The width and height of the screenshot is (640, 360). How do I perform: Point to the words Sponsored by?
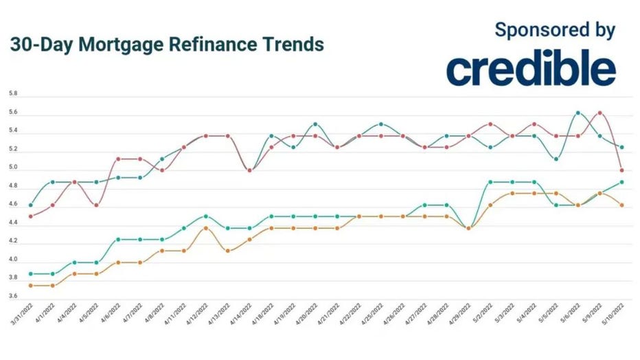coord(555,30)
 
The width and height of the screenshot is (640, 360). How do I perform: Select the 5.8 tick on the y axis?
coord(13,94)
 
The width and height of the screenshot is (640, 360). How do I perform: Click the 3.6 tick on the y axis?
coord(13,297)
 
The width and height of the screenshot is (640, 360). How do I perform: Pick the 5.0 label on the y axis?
coord(13,168)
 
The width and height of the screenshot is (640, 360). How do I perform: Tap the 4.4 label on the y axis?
coord(13,223)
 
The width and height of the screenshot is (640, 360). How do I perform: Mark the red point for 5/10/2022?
coord(621,170)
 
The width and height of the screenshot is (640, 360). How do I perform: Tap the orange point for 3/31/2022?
coord(30,285)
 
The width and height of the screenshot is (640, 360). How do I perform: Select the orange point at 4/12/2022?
coord(205,227)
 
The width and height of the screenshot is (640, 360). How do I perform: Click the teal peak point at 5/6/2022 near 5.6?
coord(578,113)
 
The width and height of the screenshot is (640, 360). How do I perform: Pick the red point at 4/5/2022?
coord(96,205)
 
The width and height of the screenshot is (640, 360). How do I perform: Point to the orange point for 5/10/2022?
coord(621,205)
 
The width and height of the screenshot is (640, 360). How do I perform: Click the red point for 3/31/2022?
coord(30,216)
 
